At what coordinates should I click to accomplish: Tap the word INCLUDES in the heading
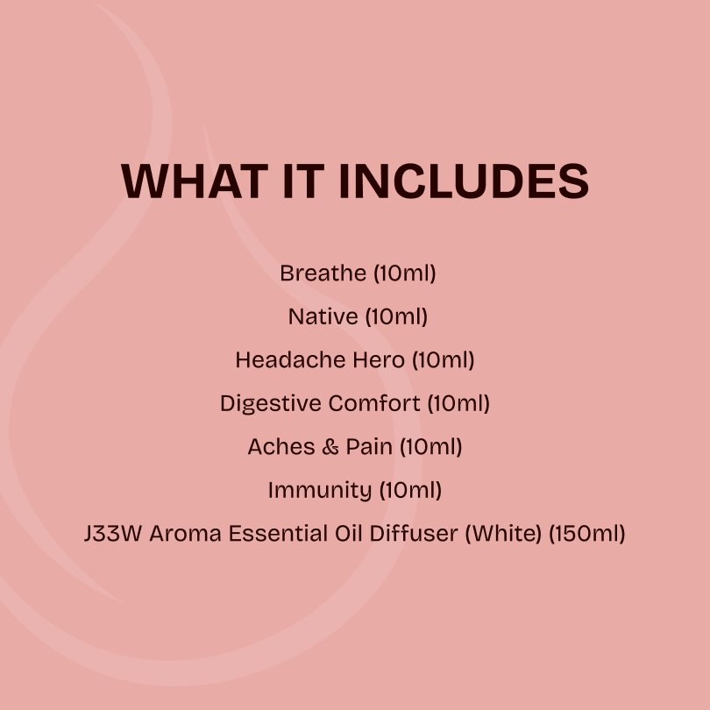(463, 181)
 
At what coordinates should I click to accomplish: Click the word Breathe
(323, 273)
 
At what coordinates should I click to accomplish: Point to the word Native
(323, 316)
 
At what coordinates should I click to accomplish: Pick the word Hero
(379, 359)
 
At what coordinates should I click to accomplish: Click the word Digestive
(271, 403)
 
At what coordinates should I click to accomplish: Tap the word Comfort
(374, 403)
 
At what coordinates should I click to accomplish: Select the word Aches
(280, 446)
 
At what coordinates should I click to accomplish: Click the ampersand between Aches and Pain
(330, 446)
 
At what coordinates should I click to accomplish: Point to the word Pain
(369, 446)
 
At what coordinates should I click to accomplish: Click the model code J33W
(113, 533)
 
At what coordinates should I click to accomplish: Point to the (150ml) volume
(587, 533)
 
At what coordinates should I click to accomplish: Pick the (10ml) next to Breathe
(404, 273)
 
